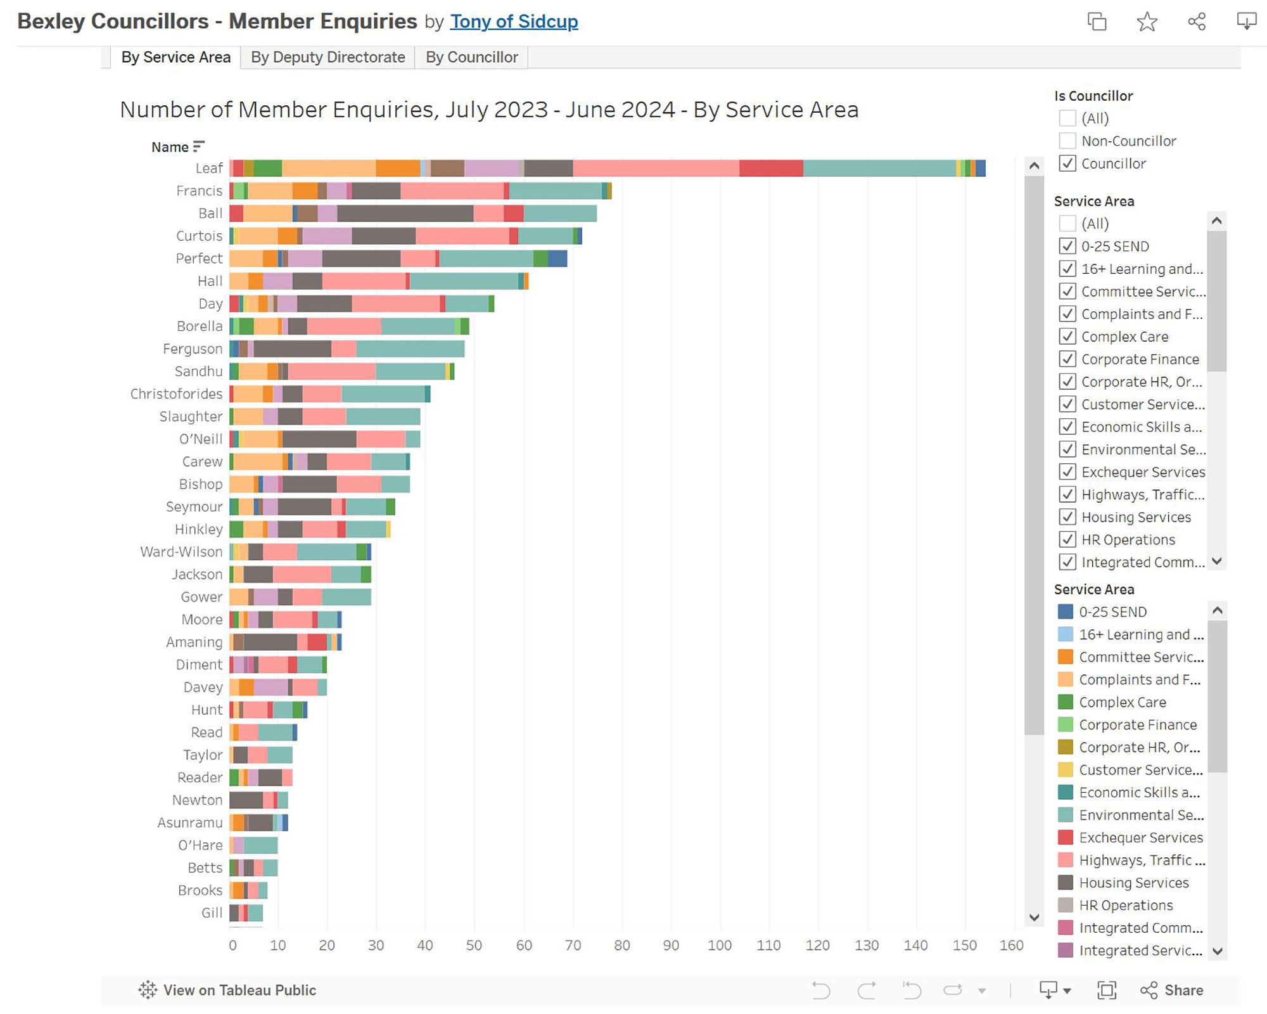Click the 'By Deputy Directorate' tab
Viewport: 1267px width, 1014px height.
[328, 57]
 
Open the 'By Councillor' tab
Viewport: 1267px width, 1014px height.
[471, 57]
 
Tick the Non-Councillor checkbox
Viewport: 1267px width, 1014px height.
[1067, 141]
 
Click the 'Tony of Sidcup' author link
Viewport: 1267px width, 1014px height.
[514, 22]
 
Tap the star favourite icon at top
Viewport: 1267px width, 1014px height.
[1147, 22]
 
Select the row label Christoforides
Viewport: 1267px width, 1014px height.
[176, 394]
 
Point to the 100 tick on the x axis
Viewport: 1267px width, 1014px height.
[720, 945]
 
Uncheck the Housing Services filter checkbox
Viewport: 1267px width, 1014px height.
[1067, 517]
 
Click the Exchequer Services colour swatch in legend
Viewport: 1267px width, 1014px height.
[1066, 837]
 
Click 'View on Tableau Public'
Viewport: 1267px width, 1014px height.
[228, 990]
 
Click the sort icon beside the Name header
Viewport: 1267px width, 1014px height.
[199, 146]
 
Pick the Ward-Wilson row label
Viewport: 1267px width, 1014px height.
[181, 551]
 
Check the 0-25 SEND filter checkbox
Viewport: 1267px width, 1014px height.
[1067, 246]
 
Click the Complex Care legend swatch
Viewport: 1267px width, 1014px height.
[1066, 702]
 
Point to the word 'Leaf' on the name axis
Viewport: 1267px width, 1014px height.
[209, 168]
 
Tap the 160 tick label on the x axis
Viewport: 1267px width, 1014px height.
[1011, 945]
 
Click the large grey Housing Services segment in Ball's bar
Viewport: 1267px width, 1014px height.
[405, 214]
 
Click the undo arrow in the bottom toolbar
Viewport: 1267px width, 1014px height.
[820, 990]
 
